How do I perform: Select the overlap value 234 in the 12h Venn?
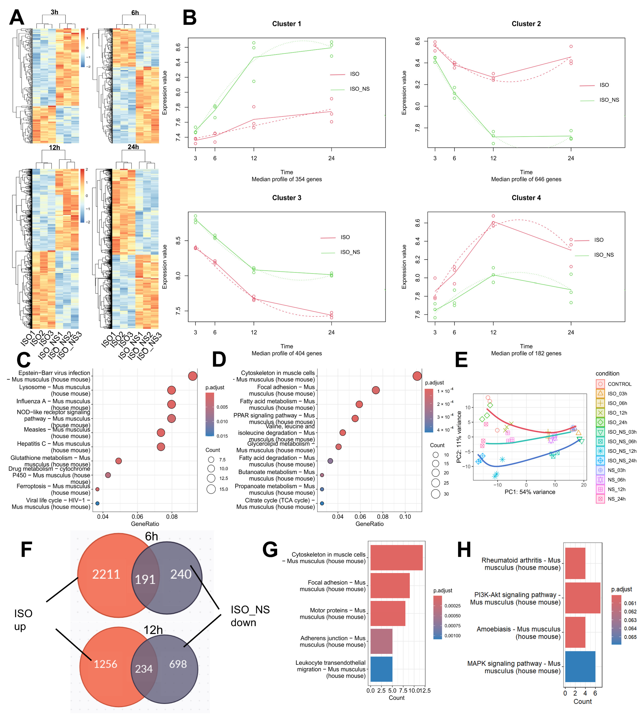click(x=144, y=669)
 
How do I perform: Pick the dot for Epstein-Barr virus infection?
click(x=192, y=376)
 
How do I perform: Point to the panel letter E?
click(x=461, y=360)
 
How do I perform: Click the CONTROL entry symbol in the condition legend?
click(x=600, y=384)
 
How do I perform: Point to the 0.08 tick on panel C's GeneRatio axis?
click(x=172, y=517)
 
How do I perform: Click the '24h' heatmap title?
click(x=133, y=147)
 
